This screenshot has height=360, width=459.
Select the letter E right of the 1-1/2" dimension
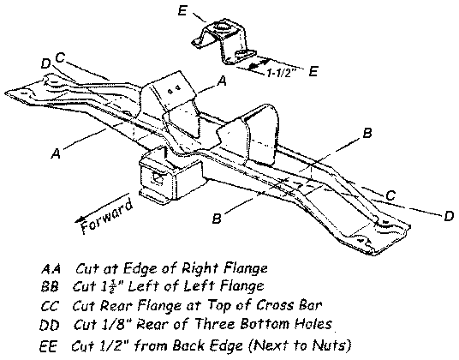click(314, 72)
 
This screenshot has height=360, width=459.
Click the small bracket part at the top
click(225, 43)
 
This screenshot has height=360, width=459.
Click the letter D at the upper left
click(45, 63)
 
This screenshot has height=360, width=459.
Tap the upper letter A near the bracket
click(222, 81)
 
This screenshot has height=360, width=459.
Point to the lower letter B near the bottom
click(218, 219)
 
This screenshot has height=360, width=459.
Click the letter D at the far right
click(449, 217)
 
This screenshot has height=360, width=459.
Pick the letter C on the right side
click(390, 195)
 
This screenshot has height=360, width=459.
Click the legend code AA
click(50, 268)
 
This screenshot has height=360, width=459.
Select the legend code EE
click(49, 345)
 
